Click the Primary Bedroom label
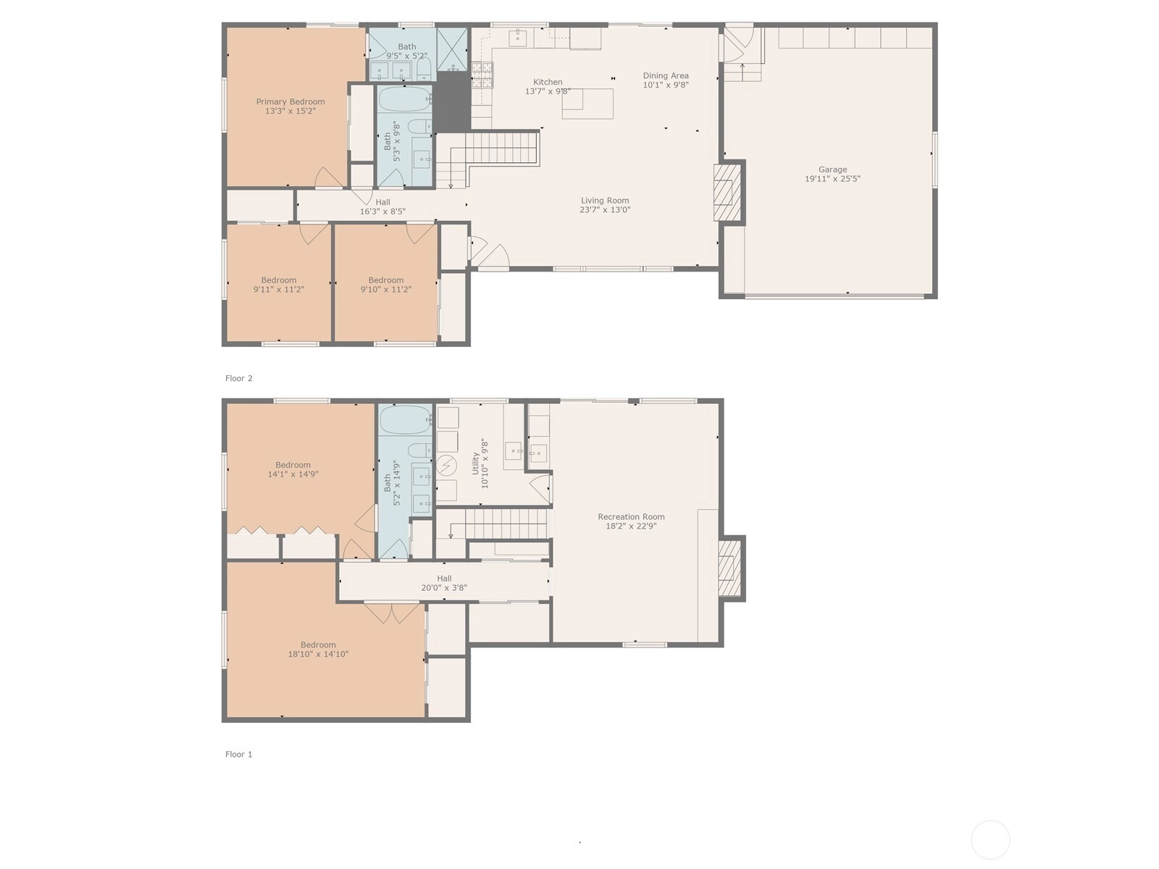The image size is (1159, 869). point(290,102)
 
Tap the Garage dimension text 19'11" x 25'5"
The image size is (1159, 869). point(832,179)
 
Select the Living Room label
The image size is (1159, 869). point(605,201)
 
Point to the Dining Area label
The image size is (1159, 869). point(665,75)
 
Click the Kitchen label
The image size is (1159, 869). point(548,82)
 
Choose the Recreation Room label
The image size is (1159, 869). point(631,516)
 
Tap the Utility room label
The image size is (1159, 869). point(475,463)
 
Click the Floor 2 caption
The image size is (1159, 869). point(238,378)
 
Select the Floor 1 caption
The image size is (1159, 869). point(238,755)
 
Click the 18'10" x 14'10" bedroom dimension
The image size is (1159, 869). point(318,654)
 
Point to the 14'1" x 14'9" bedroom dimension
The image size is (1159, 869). point(293,474)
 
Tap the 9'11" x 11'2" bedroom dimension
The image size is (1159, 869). point(278,290)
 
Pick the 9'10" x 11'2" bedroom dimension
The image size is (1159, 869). point(385,290)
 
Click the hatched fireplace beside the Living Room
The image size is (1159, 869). point(727,192)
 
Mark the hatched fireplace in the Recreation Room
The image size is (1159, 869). point(729,568)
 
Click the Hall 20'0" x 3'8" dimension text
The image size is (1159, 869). point(443,588)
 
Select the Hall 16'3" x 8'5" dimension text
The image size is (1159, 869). point(382,211)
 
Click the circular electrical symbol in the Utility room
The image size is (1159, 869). point(446,466)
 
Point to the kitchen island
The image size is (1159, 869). point(587,104)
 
